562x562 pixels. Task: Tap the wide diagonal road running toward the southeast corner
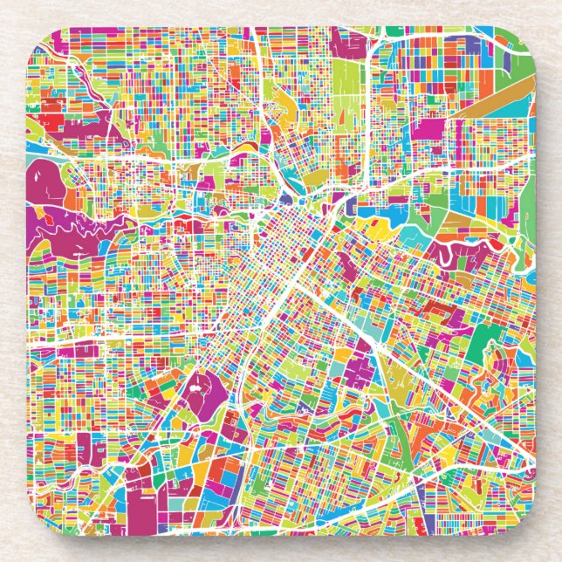click(x=436, y=393)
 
